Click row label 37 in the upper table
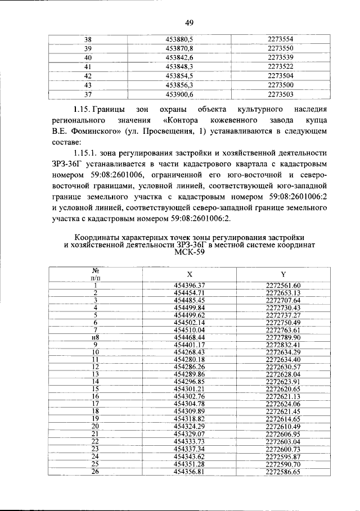click(x=88, y=94)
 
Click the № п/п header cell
click(x=95, y=274)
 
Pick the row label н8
click(x=96, y=337)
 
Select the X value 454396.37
click(x=190, y=286)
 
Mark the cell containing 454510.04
click(x=190, y=329)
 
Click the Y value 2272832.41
click(x=283, y=344)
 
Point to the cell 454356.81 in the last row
click(x=190, y=472)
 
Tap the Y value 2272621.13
click(x=283, y=396)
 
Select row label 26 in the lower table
click(x=96, y=472)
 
